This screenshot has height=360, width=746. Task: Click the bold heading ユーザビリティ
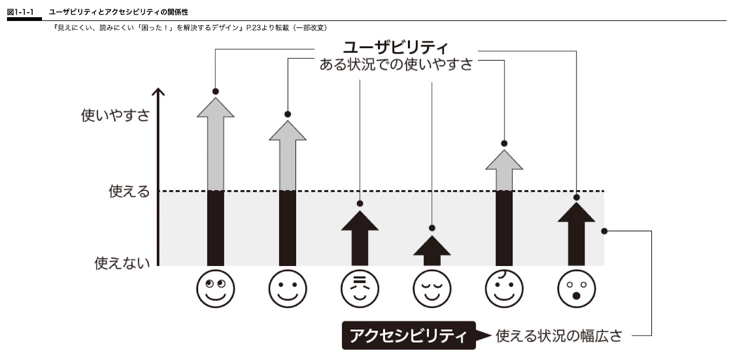(x=395, y=47)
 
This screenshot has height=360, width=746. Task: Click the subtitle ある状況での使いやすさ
(x=396, y=64)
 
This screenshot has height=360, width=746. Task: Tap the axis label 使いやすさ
(x=115, y=115)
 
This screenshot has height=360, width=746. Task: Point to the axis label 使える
(x=129, y=191)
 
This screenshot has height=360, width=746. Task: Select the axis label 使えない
(x=122, y=263)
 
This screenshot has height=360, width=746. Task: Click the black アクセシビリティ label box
(x=408, y=335)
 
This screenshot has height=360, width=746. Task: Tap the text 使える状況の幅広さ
(x=559, y=336)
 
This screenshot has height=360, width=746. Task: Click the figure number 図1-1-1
(x=20, y=12)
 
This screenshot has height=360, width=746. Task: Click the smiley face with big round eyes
(x=215, y=288)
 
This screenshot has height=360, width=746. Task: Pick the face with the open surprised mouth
(x=576, y=288)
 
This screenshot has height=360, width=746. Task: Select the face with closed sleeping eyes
(x=432, y=288)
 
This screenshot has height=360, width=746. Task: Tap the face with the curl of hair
(x=504, y=288)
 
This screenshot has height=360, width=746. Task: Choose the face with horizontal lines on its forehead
(x=359, y=288)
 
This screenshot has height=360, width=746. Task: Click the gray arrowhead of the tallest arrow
(x=215, y=109)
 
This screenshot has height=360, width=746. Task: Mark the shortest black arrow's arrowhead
(x=432, y=246)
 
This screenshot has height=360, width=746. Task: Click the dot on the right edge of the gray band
(x=604, y=231)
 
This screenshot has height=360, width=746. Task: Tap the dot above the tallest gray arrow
(x=215, y=91)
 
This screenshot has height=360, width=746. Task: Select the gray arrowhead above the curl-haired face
(x=504, y=160)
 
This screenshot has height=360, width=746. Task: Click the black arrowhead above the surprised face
(x=576, y=214)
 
